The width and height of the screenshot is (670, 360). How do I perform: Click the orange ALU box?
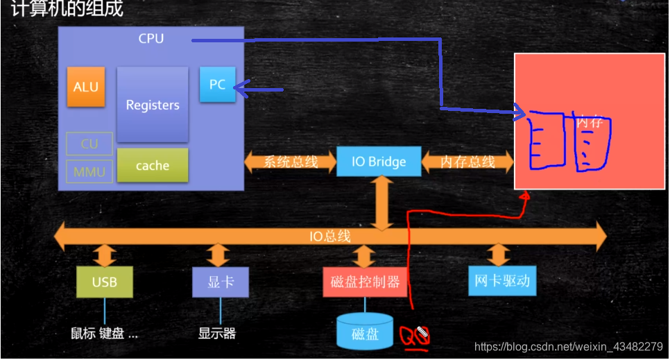(86, 87)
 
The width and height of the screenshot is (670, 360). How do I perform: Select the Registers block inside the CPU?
(153, 105)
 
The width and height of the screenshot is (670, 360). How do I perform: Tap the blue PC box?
(217, 84)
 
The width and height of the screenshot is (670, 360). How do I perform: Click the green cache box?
(153, 165)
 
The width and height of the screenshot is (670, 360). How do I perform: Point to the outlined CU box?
(89, 144)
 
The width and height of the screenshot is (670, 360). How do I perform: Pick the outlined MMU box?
(89, 171)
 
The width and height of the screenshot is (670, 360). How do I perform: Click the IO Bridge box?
(379, 162)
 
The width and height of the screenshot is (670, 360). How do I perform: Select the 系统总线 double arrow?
(291, 162)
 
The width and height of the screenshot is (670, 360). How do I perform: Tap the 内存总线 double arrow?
(467, 162)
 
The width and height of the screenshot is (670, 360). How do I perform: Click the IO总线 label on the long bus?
(329, 237)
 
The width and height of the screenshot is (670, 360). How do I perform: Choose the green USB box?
(105, 282)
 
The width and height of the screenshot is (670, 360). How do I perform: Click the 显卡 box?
(220, 282)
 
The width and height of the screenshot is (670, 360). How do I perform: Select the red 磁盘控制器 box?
(365, 282)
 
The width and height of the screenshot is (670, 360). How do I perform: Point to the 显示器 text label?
(217, 333)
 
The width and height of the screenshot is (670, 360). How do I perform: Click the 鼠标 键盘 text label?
(104, 333)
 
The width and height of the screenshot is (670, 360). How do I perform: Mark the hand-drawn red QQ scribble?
(414, 338)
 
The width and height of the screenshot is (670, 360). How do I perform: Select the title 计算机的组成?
(67, 10)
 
